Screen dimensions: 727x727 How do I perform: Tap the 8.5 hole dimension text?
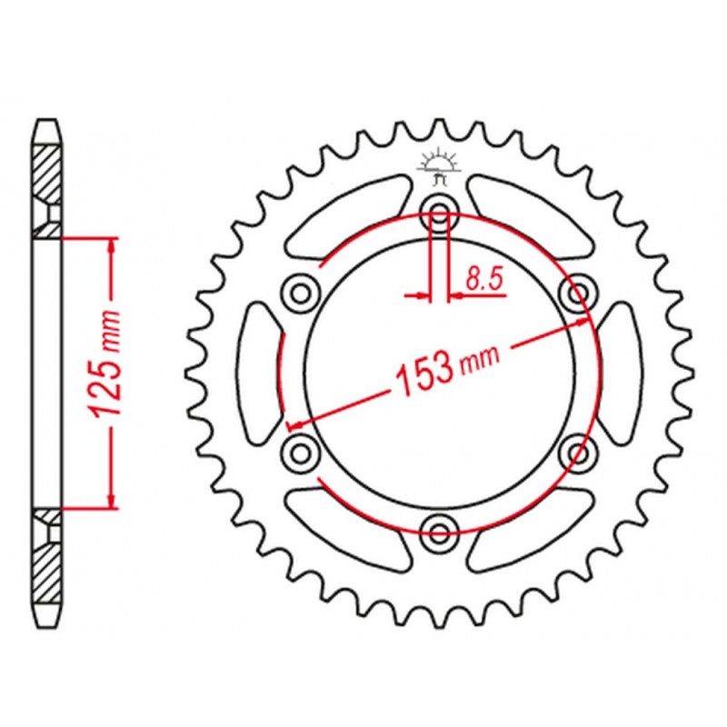pos(484,280)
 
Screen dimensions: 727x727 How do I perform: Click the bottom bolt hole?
pos(439,530)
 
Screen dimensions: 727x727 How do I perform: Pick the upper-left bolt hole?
pos(300,293)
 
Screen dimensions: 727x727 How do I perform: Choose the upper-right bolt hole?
pos(578,293)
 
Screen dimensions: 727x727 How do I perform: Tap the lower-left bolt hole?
pos(300,452)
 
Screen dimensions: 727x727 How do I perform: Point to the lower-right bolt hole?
pos(578,452)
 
